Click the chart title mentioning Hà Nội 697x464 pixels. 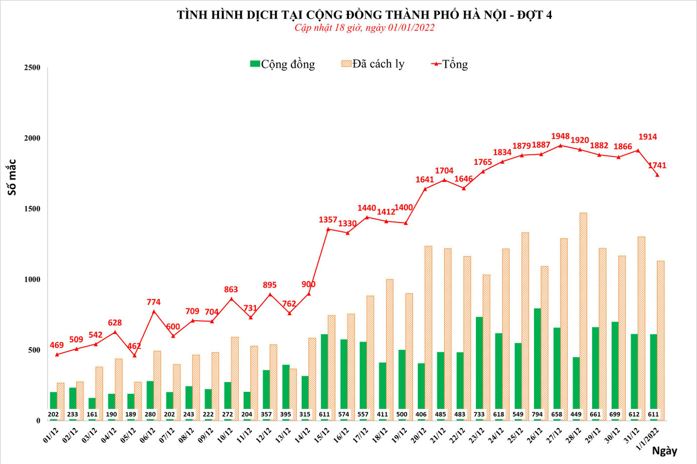[364, 15]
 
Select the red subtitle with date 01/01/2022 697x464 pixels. [364, 28]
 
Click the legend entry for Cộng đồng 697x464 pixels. [283, 64]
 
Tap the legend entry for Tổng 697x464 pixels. [450, 64]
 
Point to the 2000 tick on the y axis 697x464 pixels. [32, 138]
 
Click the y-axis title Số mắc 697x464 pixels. [12, 177]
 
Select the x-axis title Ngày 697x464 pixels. [664, 451]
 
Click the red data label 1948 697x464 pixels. [560, 136]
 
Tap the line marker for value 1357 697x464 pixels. [328, 229]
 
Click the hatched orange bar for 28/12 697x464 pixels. [583, 316]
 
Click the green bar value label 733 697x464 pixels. [479, 414]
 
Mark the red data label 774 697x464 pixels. [153, 302]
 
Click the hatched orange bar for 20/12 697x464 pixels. [428, 333]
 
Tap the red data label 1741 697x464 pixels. [657, 165]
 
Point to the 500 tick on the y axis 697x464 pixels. [34, 350]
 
